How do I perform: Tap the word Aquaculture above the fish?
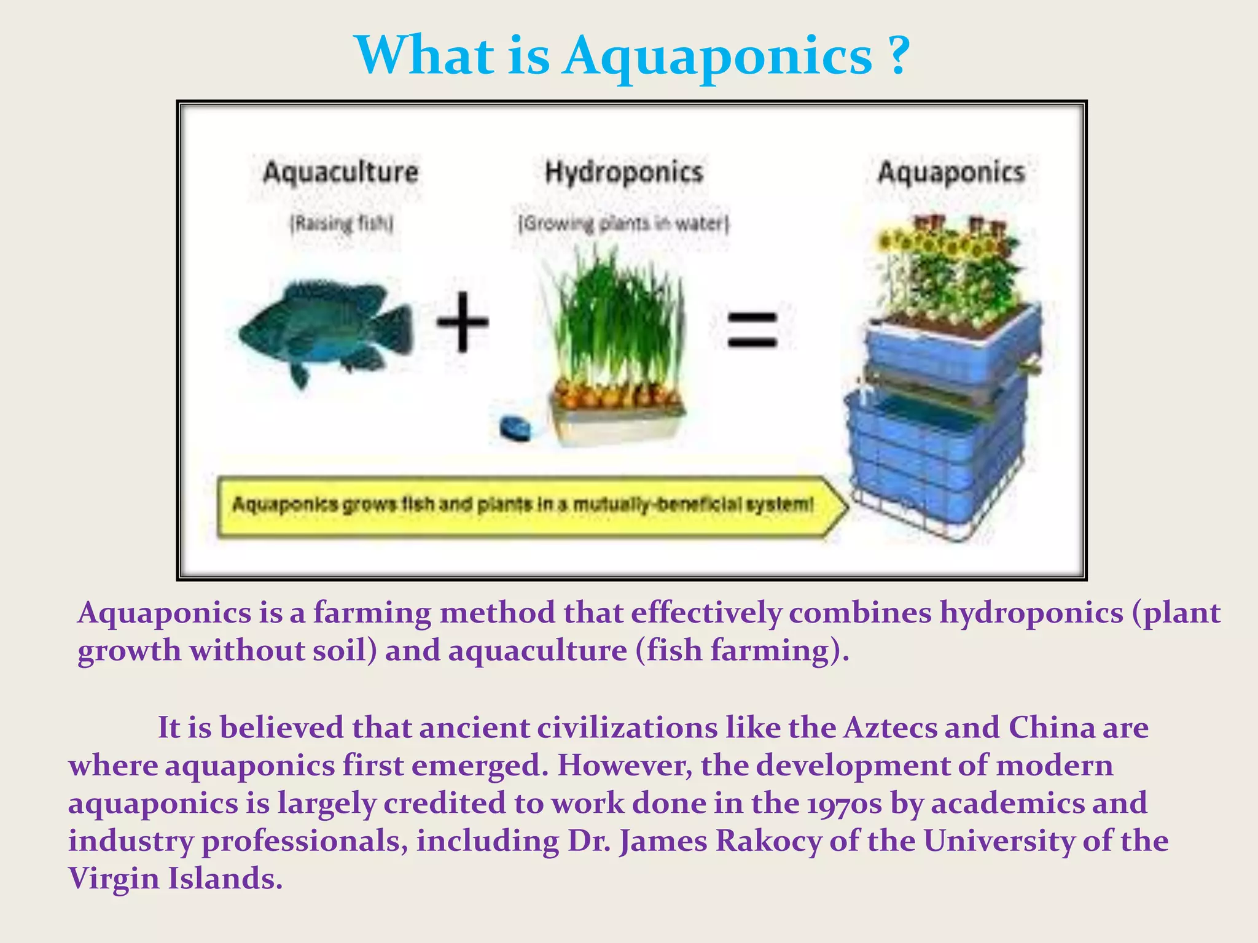[341, 172]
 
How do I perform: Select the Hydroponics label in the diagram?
[623, 172]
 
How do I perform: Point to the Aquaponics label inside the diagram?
[951, 172]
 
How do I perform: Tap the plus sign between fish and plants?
[463, 322]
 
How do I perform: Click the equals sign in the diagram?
[752, 330]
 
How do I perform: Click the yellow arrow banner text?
[522, 505]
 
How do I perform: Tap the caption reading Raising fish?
[342, 223]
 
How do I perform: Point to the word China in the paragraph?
[1051, 728]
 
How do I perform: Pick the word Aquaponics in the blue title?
[717, 56]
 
